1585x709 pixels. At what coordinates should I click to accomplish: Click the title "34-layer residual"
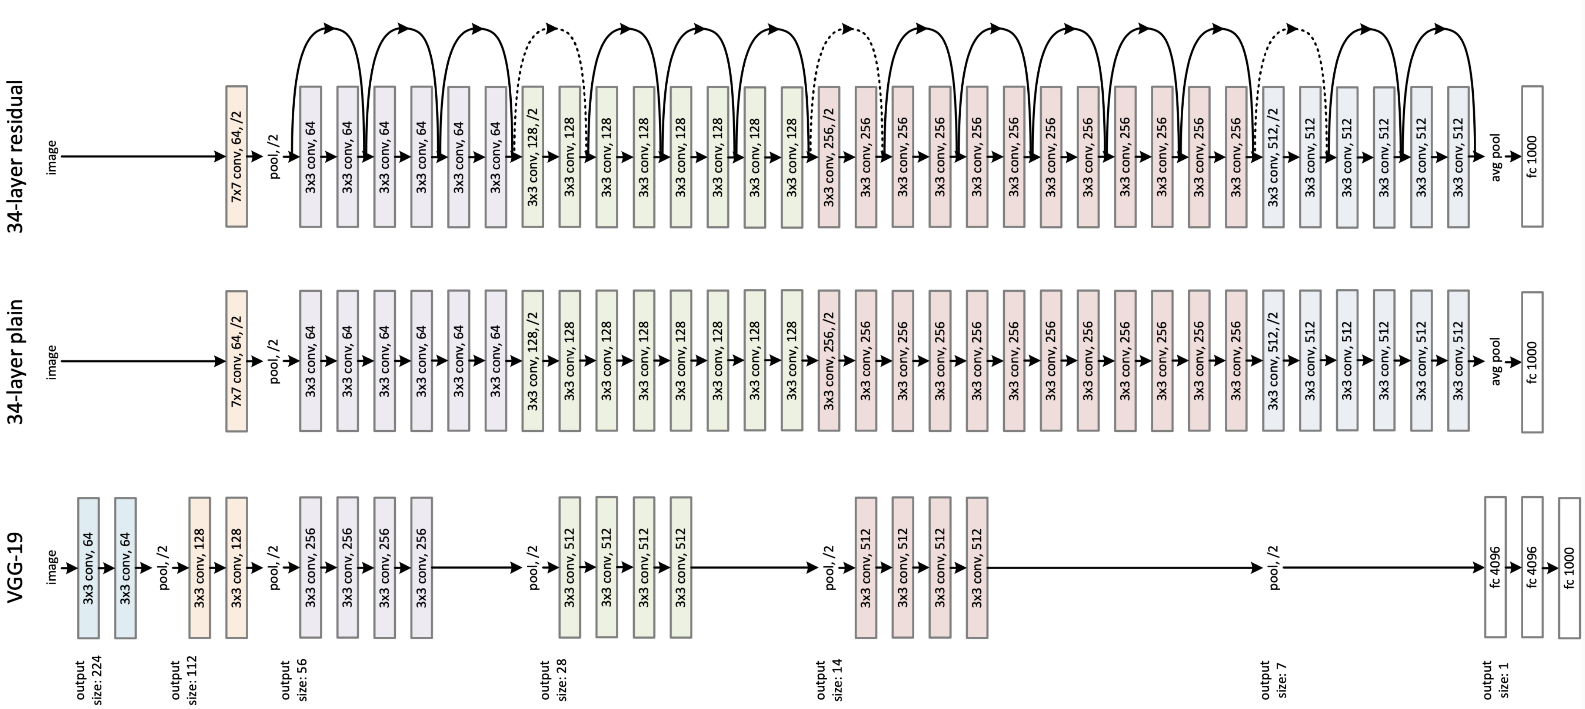tap(15, 156)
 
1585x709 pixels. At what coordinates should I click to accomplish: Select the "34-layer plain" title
tap(15, 362)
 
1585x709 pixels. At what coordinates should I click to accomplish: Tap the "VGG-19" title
tap(15, 567)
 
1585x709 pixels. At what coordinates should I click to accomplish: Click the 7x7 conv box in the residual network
tap(237, 156)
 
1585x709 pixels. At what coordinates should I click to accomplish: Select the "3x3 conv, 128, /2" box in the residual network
tap(533, 156)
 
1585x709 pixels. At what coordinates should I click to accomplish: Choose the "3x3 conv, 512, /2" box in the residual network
tap(1273, 156)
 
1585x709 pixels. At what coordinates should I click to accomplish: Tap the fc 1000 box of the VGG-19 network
tap(1569, 567)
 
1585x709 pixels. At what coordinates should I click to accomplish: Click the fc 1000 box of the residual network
tap(1532, 156)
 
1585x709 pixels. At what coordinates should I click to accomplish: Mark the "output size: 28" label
tap(553, 679)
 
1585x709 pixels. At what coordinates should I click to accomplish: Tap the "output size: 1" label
tap(1496, 679)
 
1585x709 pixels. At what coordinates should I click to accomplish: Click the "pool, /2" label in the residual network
tap(274, 156)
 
